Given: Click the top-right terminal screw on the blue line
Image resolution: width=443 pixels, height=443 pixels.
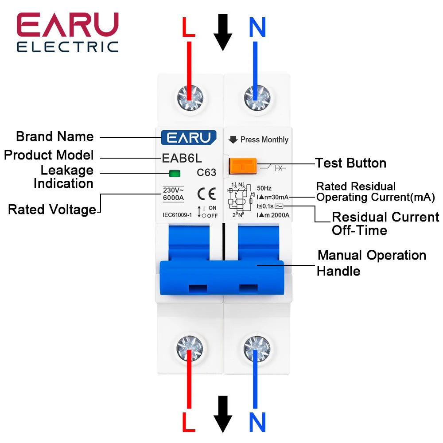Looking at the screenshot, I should point(256,96).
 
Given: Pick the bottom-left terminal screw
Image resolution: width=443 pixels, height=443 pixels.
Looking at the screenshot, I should point(190,346).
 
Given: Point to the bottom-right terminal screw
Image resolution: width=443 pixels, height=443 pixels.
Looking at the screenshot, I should point(256,346).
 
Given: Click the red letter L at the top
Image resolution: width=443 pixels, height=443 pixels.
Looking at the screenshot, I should point(189,28).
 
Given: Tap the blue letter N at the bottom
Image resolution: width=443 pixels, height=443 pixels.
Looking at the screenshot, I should point(257,422).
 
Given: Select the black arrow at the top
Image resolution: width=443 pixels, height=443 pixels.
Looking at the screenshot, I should point(223,32).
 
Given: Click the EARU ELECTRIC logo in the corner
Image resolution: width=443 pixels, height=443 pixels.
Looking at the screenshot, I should point(67,33).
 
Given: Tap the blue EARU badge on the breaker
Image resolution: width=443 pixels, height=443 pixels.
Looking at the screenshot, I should point(189,137).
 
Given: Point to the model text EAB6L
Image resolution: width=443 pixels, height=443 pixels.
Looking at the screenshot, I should point(182,158).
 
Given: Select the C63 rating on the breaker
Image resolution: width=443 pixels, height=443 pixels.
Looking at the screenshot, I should point(206,173).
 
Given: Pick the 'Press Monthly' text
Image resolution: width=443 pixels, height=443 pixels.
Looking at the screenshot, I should point(264,140).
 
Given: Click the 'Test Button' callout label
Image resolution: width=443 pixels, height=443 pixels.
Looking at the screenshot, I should point(350,163).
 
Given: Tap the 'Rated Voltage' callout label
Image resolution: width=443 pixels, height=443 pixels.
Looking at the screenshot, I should point(52,210).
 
